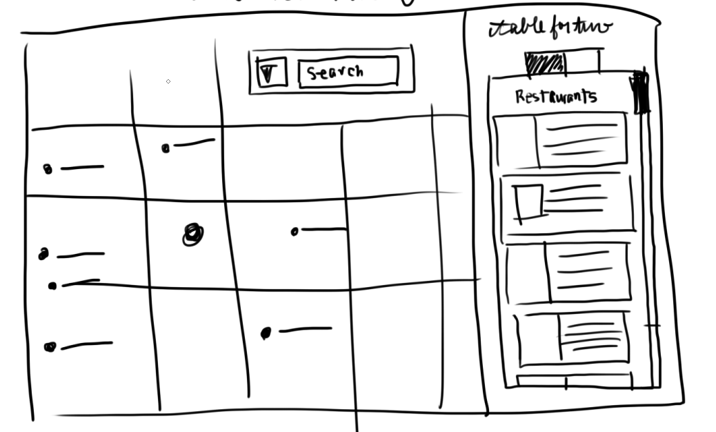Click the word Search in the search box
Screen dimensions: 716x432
335,72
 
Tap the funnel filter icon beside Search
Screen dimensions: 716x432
270,72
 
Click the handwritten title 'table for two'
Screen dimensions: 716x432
550,28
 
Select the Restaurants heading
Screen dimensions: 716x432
555,97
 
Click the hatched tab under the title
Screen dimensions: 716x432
545,64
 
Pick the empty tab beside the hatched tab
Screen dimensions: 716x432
583,63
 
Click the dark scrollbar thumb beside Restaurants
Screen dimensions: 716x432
641,92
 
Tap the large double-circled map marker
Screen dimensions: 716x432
193,235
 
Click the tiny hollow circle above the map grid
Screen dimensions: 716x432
168,82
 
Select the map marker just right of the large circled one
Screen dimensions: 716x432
295,232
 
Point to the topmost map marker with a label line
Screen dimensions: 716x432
166,148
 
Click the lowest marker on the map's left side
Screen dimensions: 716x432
50,347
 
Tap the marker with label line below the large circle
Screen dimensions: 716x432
266,333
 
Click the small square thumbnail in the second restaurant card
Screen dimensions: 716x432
529,202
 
